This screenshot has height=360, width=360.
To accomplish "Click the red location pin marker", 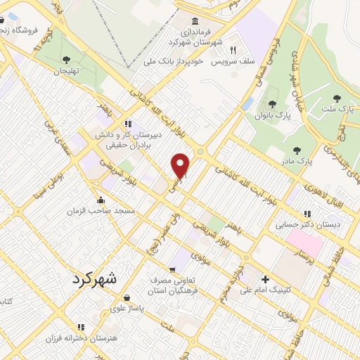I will click(181, 165).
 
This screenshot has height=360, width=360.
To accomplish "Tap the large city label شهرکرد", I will click(97, 279).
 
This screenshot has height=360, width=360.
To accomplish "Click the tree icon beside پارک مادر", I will click(297, 150).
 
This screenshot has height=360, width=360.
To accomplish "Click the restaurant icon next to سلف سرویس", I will click(233, 51).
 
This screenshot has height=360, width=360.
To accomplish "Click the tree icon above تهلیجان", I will click(66, 60).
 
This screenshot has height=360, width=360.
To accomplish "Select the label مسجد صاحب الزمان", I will click(101, 211).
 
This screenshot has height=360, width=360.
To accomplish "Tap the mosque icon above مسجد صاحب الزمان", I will click(101, 200).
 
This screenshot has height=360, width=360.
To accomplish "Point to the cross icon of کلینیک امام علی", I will click(265, 278).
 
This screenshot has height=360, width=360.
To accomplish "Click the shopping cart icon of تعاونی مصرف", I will click(172, 270).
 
